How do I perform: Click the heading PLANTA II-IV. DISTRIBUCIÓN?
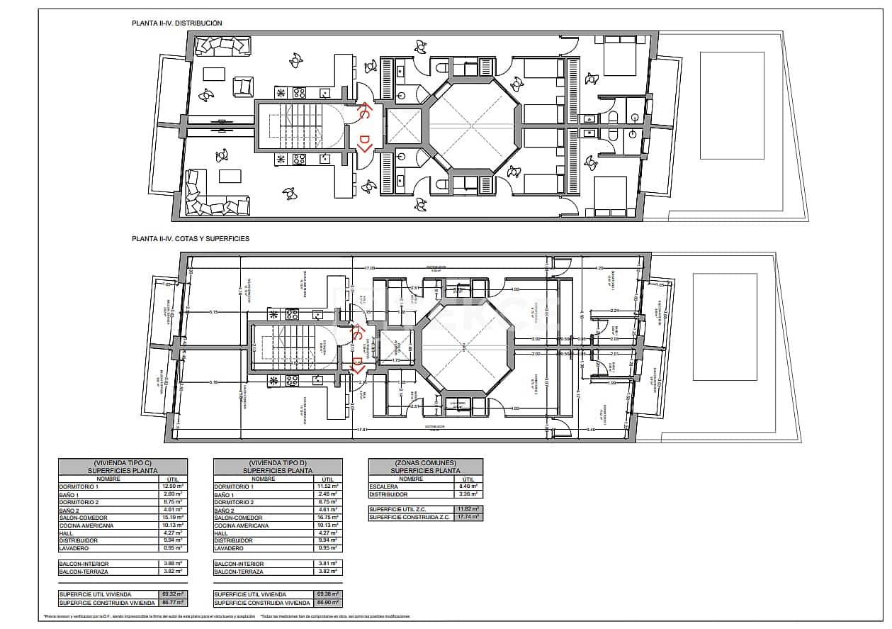pos(176,23)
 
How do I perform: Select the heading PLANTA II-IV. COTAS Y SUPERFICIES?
pos(190,239)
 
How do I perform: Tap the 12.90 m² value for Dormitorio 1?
pos(173,486)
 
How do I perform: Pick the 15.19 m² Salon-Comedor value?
pos(173,518)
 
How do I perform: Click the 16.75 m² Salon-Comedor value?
pos(328,518)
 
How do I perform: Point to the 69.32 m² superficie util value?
pos(173,594)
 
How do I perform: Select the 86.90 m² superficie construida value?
pos(328,603)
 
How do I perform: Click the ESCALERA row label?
pos(383,486)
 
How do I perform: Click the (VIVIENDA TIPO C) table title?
pos(123,462)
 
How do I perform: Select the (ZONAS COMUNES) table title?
pos(425,462)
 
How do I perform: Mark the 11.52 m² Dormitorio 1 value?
pos(328,486)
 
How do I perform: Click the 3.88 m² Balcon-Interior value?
pos(173,564)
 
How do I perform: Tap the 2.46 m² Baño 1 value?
pos(328,494)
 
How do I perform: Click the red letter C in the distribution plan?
pos(363,113)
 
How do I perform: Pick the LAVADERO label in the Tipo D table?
pos(229,548)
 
